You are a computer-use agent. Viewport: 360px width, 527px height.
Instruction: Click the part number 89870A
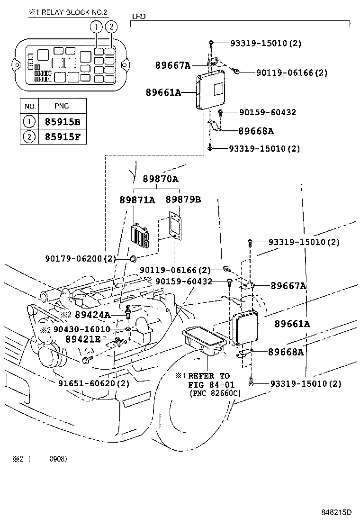click(161, 179)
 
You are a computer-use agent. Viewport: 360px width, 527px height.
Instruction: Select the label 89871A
click(137, 200)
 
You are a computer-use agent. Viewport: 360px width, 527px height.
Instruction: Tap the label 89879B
click(183, 200)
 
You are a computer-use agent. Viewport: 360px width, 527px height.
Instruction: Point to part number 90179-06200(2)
click(81, 258)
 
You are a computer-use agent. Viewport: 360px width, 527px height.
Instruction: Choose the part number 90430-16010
click(81, 329)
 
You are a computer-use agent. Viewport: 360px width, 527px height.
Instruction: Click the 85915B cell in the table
click(63, 122)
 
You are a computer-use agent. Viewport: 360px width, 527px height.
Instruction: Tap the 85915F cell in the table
click(63, 138)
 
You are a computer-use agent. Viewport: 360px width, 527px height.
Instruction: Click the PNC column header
click(63, 106)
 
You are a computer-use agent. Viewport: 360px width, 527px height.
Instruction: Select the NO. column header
click(30, 106)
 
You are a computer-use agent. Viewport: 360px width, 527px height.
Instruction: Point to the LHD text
click(138, 17)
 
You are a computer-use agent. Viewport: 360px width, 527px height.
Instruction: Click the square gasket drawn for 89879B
click(175, 230)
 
